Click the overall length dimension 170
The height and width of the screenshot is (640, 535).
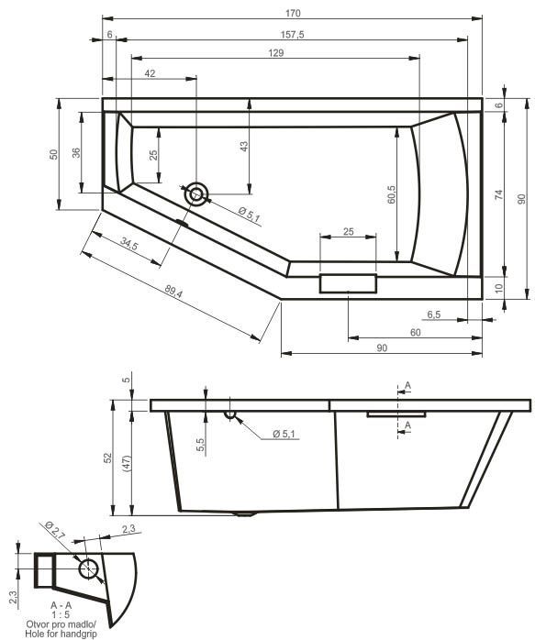coord(293,13)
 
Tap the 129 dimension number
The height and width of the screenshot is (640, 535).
coord(274,53)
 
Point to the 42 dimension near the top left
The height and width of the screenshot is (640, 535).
coord(150,73)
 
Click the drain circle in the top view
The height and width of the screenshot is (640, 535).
coord(196,193)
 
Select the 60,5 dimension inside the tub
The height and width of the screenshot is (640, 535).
coord(391,195)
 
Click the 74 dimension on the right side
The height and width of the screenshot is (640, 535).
coord(498,194)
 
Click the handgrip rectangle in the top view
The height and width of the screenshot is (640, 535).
coord(348,282)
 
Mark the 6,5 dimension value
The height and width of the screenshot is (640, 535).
coord(434,314)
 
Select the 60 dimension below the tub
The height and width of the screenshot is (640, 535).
coord(415,332)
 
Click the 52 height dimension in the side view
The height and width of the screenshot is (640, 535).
coord(107,457)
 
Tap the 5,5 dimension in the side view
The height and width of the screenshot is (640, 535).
coord(201,445)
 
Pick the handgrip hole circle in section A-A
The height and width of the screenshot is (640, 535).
coord(89,568)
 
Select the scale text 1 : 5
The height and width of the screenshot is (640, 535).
coord(61,614)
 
